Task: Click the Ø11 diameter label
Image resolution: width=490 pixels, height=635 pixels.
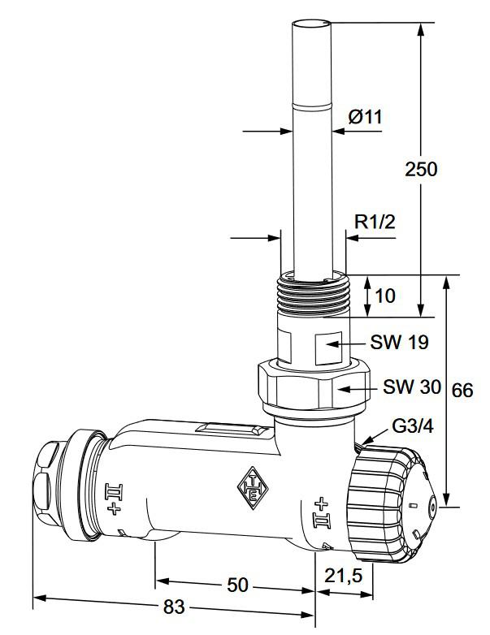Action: point(365,117)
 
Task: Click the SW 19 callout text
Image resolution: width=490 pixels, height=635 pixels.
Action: point(399,341)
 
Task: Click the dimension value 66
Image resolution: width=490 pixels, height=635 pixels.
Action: point(462,390)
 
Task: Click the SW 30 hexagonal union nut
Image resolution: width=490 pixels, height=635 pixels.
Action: point(313,388)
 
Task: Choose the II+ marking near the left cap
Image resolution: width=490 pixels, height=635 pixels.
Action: point(113,496)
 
